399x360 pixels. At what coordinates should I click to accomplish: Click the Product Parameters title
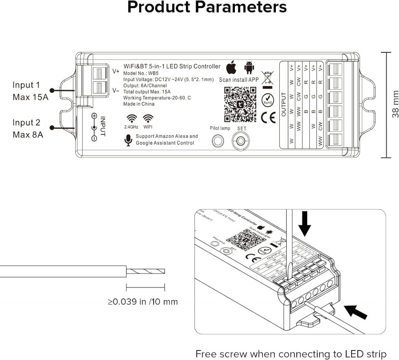pos(207,8)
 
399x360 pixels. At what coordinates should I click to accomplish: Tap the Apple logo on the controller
pos(230,67)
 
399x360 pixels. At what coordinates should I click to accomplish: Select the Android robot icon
pos(249,67)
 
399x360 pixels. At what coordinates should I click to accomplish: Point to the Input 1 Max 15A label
pos(30,90)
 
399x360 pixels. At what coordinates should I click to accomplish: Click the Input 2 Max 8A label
pos(28,128)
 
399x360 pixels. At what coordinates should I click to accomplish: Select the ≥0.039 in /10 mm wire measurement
pos(143,302)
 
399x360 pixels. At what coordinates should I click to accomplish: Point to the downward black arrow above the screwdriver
pos(305,224)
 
